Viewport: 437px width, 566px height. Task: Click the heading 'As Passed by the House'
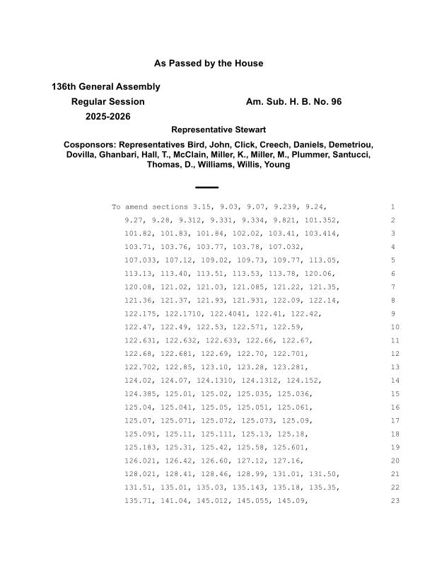[x=209, y=64]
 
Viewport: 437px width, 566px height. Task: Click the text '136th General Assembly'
[x=105, y=87]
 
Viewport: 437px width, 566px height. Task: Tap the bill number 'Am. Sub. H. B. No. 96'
[x=293, y=102]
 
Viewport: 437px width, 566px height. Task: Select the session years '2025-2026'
[x=108, y=117]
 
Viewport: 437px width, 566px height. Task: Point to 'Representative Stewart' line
[x=218, y=130]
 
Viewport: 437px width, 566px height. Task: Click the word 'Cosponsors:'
[x=90, y=144]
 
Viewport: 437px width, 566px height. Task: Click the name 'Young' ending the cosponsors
[x=276, y=165]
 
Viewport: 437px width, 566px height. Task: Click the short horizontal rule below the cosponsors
[x=206, y=187]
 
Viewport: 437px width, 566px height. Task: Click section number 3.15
[x=203, y=207]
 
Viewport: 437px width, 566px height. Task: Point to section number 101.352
[x=322, y=220]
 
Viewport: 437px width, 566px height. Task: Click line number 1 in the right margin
[x=392, y=207]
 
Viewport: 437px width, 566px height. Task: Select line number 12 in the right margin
[x=395, y=354]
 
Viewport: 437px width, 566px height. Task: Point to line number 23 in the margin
[x=395, y=501]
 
